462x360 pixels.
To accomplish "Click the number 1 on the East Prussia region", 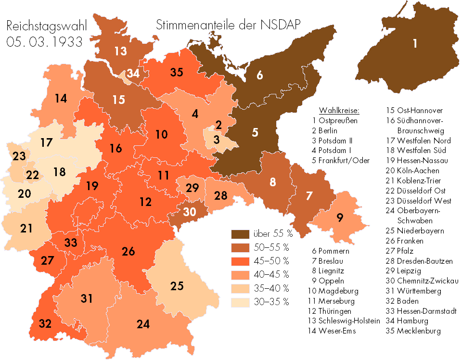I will coord(414,44).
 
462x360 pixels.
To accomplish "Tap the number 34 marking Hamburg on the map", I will coord(133,74).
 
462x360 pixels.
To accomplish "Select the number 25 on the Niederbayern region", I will coord(177,286).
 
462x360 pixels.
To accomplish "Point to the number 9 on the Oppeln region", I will coord(340,218).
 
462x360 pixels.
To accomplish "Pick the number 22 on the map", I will coord(33,175).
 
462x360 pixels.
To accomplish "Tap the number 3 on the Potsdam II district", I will coord(217,140).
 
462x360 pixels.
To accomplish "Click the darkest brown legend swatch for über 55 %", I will coord(239,234).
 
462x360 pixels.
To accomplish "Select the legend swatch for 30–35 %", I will coord(239,302).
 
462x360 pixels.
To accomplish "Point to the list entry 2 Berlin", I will coord(324,130).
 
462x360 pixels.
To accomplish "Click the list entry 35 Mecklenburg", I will coord(413,331).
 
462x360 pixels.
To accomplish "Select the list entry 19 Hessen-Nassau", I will coord(414,160).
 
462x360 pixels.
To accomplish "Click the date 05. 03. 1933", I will coord(45,41).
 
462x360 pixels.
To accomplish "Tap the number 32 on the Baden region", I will coord(45,323).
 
